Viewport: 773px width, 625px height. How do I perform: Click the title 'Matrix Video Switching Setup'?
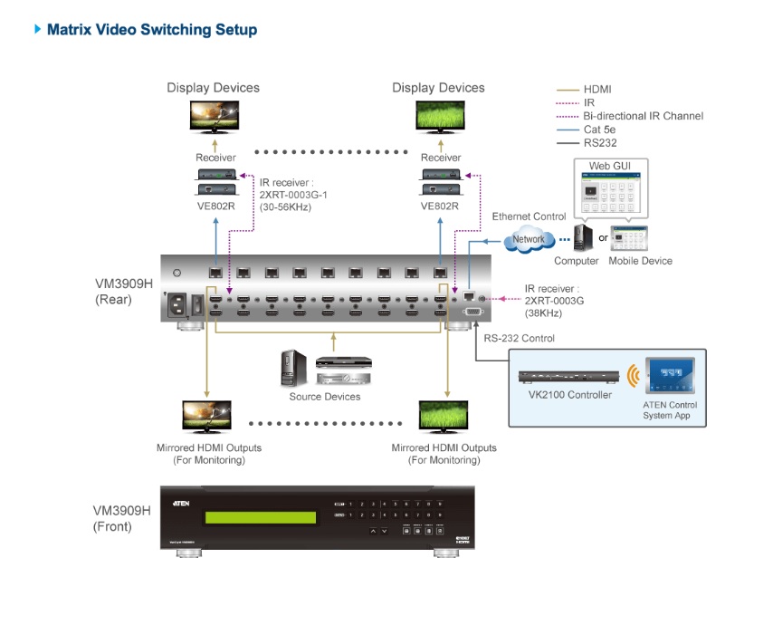151,30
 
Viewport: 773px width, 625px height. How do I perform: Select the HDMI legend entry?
597,90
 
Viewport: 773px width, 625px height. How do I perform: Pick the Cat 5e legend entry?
599,130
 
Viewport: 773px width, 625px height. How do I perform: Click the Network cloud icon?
529,239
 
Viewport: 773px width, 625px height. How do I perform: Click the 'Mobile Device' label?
641,261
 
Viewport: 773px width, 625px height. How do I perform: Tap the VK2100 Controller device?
569,376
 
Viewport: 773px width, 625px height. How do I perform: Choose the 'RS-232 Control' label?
519,339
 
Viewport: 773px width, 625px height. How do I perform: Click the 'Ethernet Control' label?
529,216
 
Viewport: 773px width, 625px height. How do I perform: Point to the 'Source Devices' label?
325,397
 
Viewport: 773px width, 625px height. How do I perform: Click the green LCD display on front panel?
262,518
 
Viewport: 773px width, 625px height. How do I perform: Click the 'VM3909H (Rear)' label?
123,291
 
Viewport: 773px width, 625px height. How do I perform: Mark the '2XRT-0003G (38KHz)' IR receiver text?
554,301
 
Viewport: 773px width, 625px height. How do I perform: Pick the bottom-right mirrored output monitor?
443,417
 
